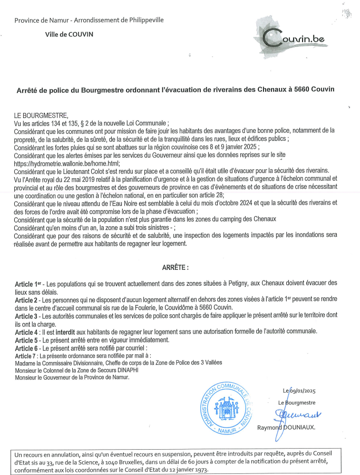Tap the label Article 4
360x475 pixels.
(x=27, y=332)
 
